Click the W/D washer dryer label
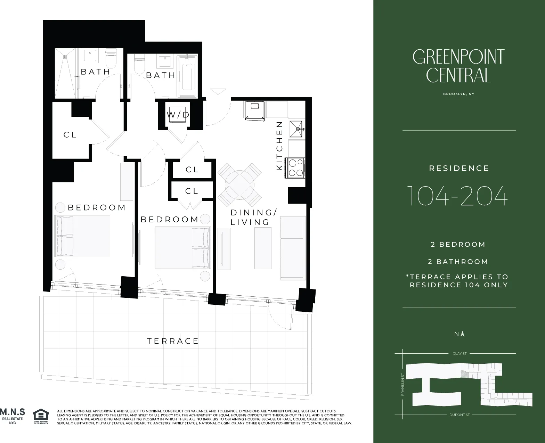click(x=178, y=115)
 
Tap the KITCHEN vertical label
click(x=279, y=146)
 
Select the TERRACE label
click(x=173, y=341)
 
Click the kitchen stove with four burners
click(x=295, y=168)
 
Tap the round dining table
click(x=240, y=184)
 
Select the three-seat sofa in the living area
click(x=293, y=248)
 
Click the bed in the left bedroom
click(x=82, y=236)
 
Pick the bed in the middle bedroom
click(x=183, y=248)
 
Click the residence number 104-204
click(x=457, y=196)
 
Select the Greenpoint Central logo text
click(x=458, y=66)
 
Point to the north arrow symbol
click(x=463, y=334)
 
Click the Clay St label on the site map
click(x=459, y=353)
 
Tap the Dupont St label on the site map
click(x=459, y=415)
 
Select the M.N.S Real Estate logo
click(x=13, y=416)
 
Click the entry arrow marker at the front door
click(x=218, y=91)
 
